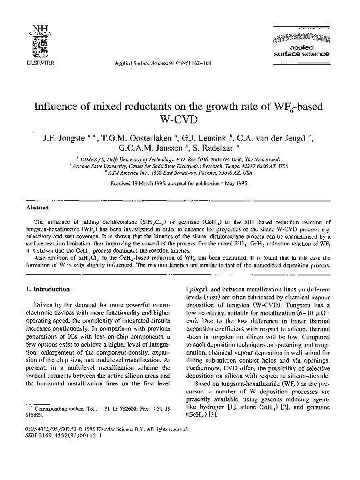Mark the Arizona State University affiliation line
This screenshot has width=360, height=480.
coord(180,165)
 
